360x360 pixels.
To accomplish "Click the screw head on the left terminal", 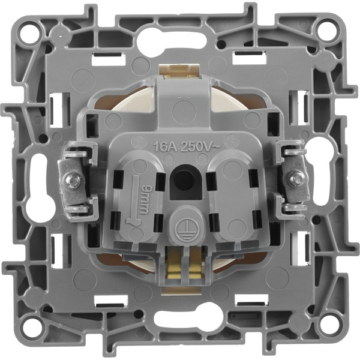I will tap(74, 179).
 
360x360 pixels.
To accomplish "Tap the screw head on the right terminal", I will tap(294, 178).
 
